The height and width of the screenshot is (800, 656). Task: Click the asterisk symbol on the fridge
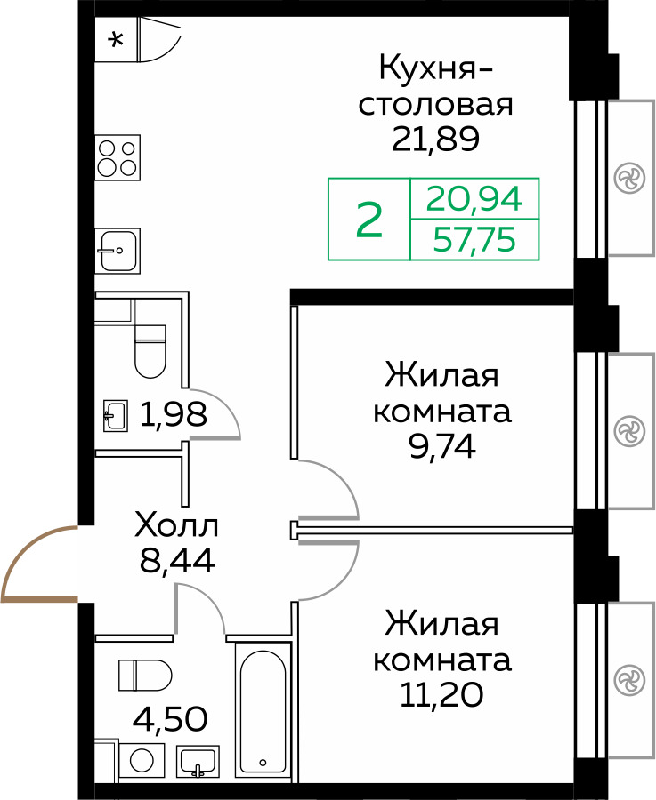[116, 39]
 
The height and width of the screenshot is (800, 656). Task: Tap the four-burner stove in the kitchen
[118, 158]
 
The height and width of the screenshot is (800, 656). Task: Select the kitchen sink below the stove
[118, 251]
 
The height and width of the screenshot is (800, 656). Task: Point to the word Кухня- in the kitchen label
[435, 68]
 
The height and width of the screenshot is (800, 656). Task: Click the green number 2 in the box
[369, 220]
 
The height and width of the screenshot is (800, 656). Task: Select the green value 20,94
[474, 198]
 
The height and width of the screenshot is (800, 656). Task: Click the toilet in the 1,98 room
[150, 349]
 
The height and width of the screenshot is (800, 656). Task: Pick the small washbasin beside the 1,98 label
[116, 414]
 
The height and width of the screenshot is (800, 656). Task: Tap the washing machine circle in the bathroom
[141, 761]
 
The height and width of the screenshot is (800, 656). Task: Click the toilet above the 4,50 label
[142, 675]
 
